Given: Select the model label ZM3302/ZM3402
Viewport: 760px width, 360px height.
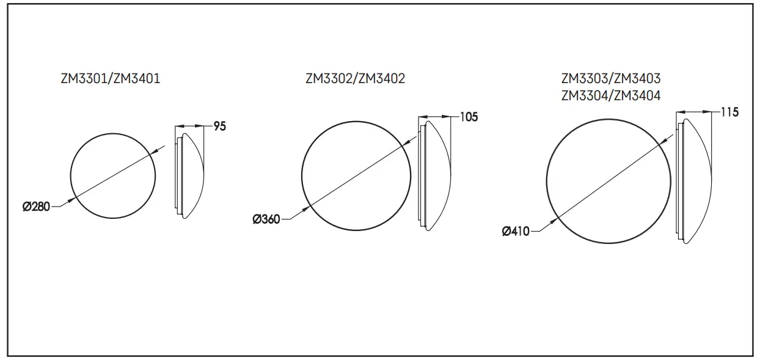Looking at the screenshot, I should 355,78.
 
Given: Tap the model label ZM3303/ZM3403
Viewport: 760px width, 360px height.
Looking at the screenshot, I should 610,79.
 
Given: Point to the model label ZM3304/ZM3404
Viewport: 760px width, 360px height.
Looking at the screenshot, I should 610,95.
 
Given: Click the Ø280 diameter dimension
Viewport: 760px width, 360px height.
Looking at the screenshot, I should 36,207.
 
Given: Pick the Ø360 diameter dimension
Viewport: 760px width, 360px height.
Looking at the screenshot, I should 266,219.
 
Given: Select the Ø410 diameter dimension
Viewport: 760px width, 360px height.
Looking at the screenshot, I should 516,232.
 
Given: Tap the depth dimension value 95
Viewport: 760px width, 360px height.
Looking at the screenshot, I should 220,127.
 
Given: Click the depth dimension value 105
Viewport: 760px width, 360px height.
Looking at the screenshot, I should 469,117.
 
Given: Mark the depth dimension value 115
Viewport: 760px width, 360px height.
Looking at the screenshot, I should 729,112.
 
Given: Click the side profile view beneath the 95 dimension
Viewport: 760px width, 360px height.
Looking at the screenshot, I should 189,174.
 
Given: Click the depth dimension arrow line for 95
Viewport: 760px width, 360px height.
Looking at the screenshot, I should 189,127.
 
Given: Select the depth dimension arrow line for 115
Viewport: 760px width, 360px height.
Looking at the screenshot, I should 694,112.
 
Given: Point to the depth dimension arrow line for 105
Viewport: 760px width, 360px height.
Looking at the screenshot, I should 434,117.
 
